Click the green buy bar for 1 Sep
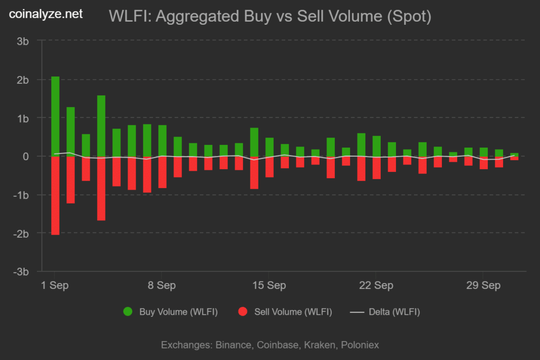(55, 116)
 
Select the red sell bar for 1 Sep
(55, 195)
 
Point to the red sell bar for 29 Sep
(484, 162)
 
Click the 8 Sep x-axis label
(162, 285)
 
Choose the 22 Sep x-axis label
(377, 285)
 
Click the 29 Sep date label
(484, 285)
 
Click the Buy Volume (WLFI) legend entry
(171, 312)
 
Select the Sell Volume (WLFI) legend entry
(285, 312)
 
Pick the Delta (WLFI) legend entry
(385, 312)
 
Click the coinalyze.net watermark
(46, 14)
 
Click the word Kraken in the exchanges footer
(322, 345)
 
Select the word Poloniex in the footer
(360, 345)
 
